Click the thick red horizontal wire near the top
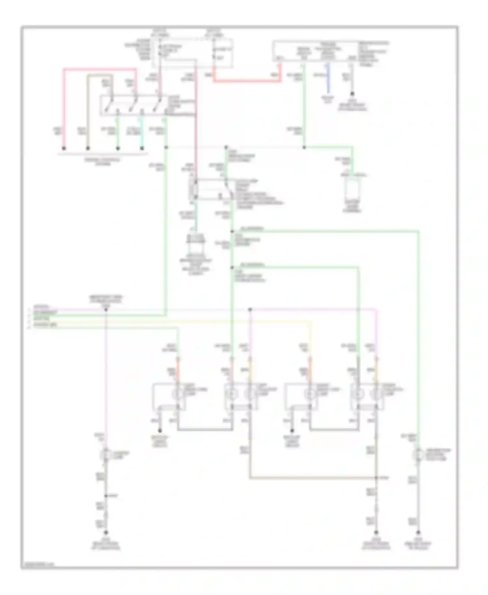247,81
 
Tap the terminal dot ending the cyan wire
142,148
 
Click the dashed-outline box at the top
195,54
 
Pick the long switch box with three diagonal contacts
148,105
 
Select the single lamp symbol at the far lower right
418,455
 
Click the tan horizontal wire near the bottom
312,478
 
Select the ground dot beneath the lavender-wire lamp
106,533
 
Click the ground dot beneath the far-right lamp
418,533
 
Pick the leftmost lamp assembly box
169,396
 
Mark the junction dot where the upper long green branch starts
232,232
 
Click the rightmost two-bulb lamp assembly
367,396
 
